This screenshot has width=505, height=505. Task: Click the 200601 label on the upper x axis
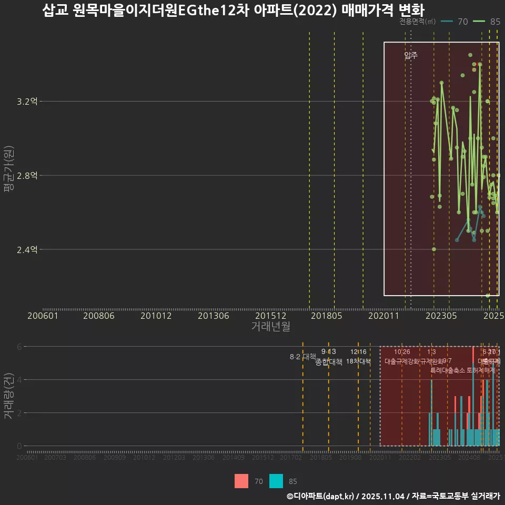43,316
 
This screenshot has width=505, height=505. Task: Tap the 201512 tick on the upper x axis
270,316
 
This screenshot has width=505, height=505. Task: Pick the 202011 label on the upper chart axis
384,316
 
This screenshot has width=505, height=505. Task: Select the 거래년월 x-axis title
270,326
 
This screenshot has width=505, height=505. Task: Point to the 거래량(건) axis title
8,396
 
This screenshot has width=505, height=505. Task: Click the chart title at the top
233,11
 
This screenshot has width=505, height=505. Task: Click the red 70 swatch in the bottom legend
241,481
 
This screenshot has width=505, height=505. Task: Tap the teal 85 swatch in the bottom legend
276,481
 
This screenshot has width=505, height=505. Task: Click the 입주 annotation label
411,55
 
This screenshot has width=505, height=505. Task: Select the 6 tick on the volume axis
19,347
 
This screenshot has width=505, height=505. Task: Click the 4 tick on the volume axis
19,380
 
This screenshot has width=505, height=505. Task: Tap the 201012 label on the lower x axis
144,458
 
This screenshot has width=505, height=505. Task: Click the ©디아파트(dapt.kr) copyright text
321,496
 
